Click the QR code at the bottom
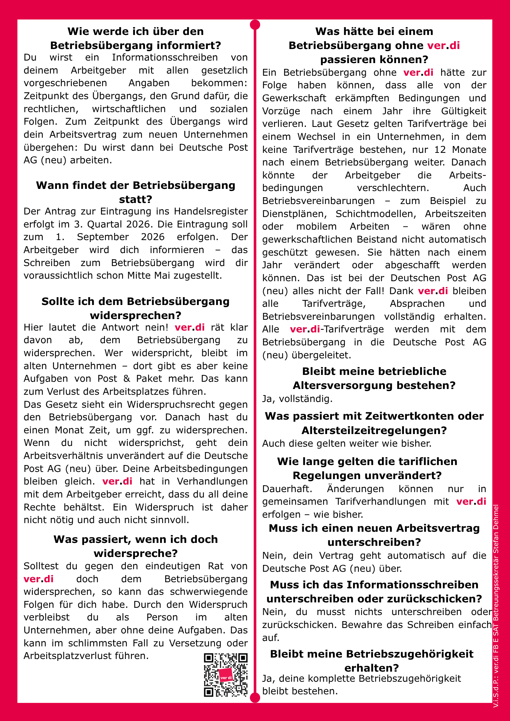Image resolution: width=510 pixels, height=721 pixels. (226, 674)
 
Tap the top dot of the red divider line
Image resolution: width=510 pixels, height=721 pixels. (255, 25)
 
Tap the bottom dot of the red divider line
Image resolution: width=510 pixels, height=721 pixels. (255, 698)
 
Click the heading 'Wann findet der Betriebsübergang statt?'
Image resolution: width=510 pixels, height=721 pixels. (136, 192)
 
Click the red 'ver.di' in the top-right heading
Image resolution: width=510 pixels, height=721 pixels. (443, 45)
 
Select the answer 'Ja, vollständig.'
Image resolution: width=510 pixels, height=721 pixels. (297, 399)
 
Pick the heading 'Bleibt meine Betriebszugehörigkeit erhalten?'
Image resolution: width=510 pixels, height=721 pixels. (372, 661)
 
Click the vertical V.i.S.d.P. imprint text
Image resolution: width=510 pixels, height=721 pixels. (496, 606)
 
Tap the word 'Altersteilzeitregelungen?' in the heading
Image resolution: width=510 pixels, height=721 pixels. (374, 430)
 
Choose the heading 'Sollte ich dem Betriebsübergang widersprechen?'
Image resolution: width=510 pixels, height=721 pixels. (136, 308)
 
